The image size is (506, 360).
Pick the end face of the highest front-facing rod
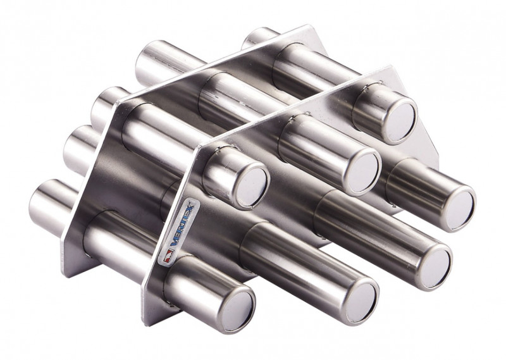coord(402,123)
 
